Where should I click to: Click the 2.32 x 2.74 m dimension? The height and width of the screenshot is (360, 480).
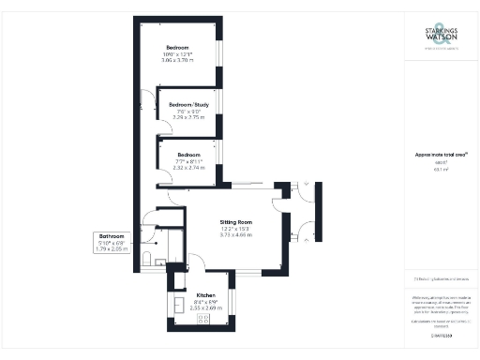point(188,168)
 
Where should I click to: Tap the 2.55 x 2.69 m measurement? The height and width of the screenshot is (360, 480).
point(206,307)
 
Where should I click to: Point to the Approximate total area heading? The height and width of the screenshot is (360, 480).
point(435,155)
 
